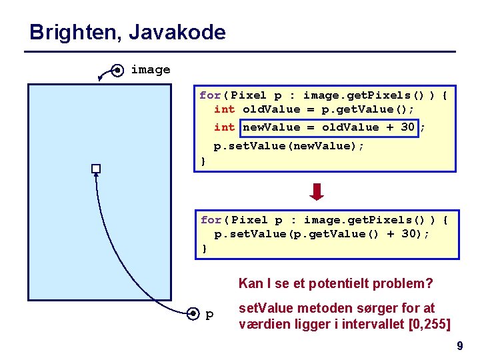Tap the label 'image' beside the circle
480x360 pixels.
tap(150, 69)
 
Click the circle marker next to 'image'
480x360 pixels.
tap(117, 69)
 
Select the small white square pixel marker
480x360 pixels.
tap(96, 168)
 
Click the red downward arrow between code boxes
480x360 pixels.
tap(318, 192)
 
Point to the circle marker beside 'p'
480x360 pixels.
tap(193, 313)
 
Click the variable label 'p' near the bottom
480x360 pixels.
tap(210, 314)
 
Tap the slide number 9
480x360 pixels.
tap(459, 346)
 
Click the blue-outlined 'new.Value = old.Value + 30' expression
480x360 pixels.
tap(329, 127)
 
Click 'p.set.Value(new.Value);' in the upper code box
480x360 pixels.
tap(289, 145)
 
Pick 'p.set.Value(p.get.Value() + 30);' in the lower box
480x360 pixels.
tap(321, 234)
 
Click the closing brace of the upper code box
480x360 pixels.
tap(203, 161)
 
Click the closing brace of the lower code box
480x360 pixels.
tap(204, 249)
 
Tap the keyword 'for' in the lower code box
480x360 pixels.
tap(211, 220)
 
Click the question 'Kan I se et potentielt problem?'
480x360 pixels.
tap(335, 283)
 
